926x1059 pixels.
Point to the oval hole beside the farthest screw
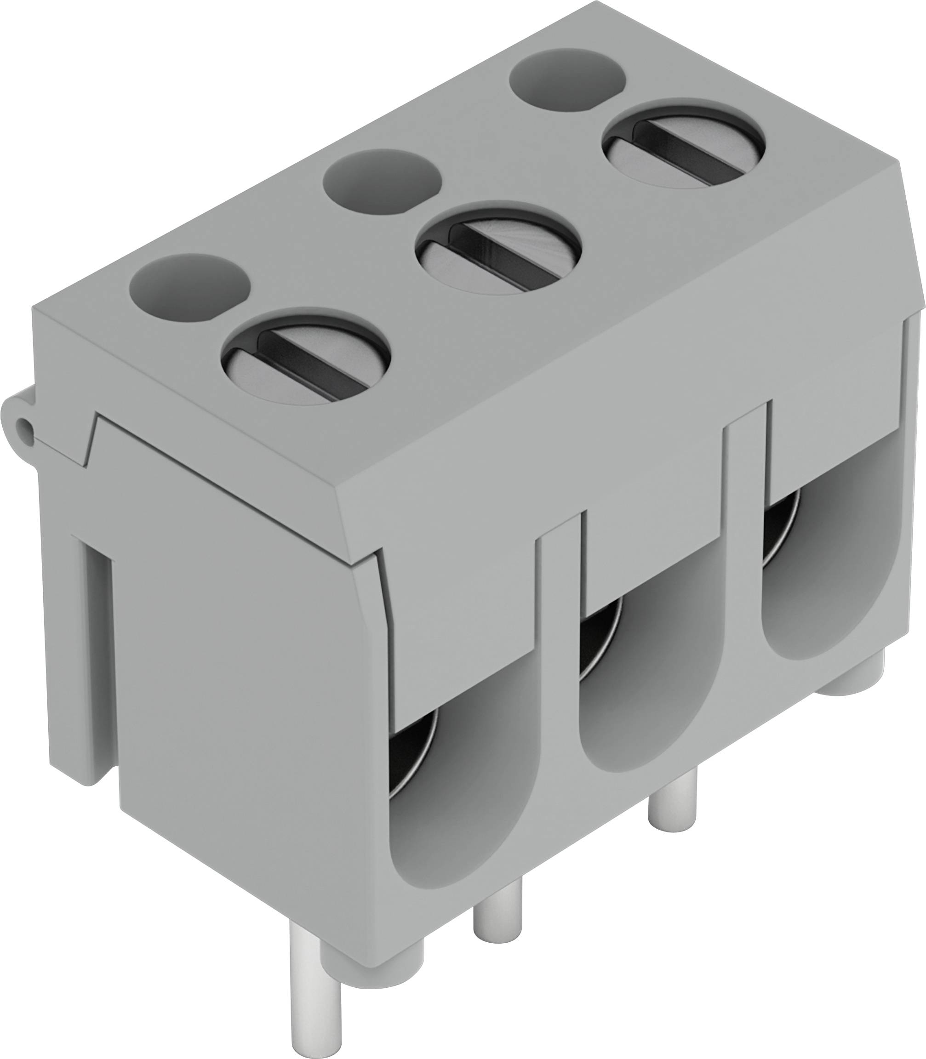tap(567, 78)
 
